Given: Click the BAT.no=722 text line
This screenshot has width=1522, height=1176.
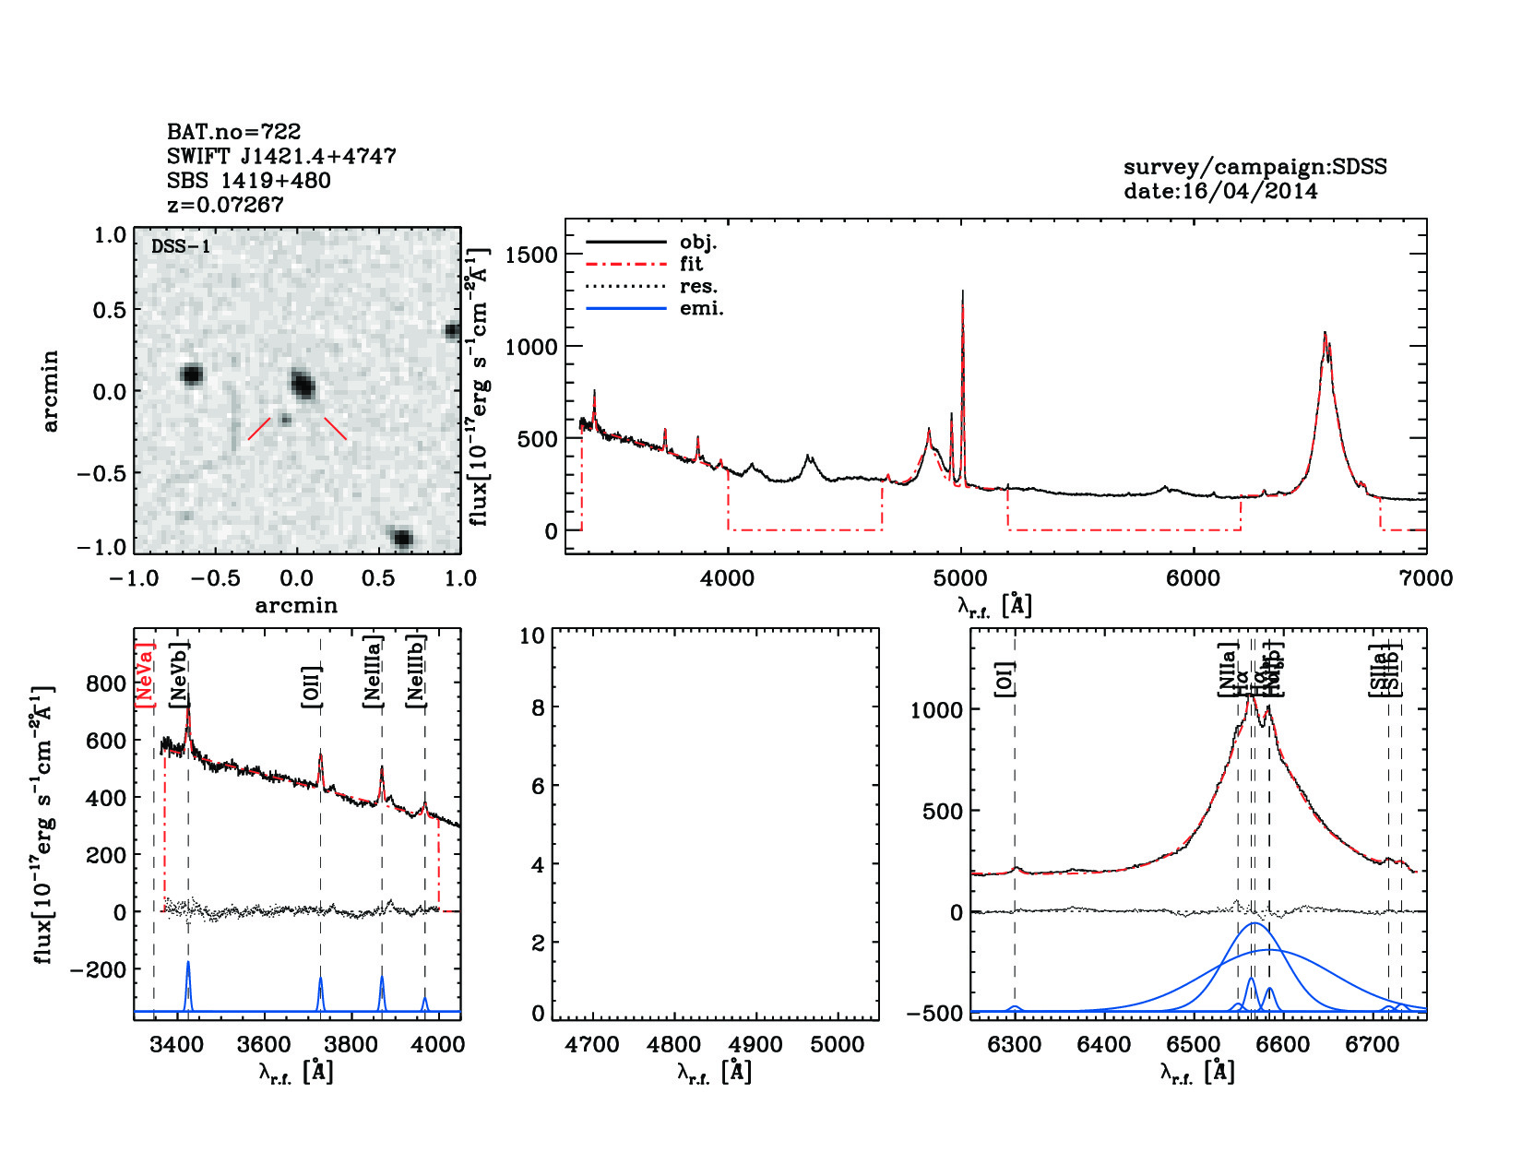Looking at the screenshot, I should point(233,132).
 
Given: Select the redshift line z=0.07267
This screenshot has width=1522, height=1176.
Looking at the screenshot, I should point(225,205).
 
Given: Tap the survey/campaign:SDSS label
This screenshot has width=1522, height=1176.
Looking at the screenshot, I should point(1254,167).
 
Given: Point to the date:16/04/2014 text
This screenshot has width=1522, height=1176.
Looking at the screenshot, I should point(1220,191).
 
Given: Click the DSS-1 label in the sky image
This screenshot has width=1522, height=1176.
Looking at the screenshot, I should point(181,246).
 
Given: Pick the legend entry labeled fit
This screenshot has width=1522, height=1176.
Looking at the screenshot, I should point(691,264).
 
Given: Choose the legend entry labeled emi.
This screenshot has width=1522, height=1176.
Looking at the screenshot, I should point(701,308).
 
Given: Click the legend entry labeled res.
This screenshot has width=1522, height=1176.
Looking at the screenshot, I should point(698,286).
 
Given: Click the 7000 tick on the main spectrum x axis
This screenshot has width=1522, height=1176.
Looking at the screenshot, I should point(1426,578).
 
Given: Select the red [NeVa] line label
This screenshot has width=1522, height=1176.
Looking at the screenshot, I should point(145,675).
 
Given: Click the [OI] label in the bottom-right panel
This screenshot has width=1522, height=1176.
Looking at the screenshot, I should point(1005,679).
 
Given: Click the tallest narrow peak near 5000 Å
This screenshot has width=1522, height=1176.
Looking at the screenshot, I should point(962,293).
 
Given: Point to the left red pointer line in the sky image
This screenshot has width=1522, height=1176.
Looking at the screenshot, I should point(259,429).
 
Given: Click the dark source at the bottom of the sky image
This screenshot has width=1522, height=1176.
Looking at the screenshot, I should point(402,539).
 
